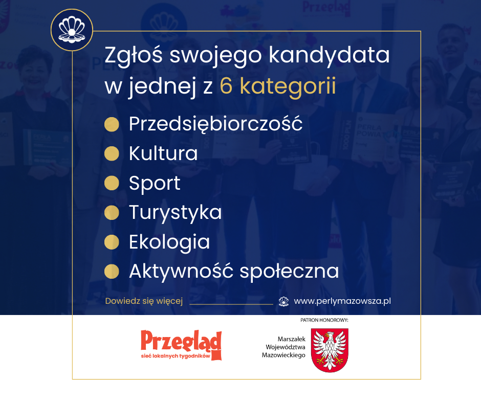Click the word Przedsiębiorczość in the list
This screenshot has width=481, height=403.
point(215,124)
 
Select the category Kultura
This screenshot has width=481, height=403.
point(163,153)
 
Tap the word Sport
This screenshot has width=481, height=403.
point(155,183)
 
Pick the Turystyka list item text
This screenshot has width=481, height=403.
point(175,213)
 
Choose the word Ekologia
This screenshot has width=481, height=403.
point(169,242)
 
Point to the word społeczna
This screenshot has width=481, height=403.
point(289,271)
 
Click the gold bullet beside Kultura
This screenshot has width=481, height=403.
point(112,153)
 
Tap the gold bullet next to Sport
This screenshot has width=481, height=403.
point(112,183)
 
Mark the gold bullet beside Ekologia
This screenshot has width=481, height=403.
point(112,242)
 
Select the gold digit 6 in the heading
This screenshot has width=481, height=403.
point(226,86)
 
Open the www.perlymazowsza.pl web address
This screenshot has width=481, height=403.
point(342,301)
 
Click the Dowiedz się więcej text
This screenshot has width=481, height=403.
point(144,301)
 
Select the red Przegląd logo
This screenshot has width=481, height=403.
point(181,345)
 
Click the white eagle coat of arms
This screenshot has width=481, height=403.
point(330,350)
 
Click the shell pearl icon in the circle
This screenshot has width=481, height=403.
point(72,30)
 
